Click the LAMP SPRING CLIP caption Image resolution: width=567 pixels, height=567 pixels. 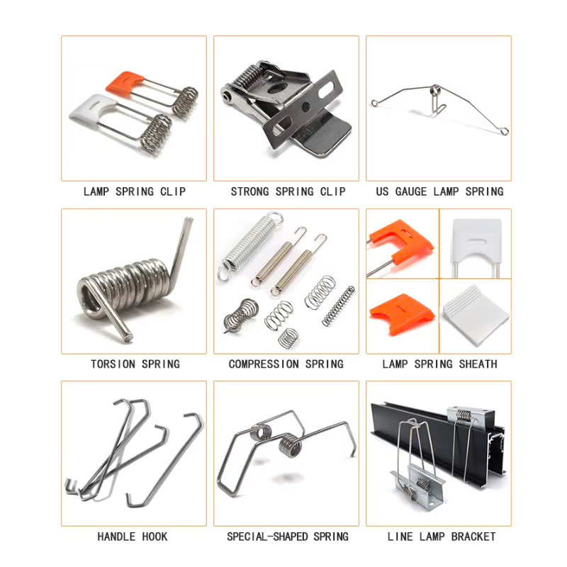(134, 191)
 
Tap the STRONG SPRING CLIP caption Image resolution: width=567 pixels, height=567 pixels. (288, 191)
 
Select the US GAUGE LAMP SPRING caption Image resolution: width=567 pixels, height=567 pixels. (439, 191)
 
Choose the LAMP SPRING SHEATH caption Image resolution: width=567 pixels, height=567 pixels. (439, 364)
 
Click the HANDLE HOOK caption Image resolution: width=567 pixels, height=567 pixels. (134, 537)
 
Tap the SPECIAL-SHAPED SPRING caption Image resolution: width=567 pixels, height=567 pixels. (288, 537)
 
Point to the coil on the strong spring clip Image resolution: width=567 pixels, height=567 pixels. (247, 74)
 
